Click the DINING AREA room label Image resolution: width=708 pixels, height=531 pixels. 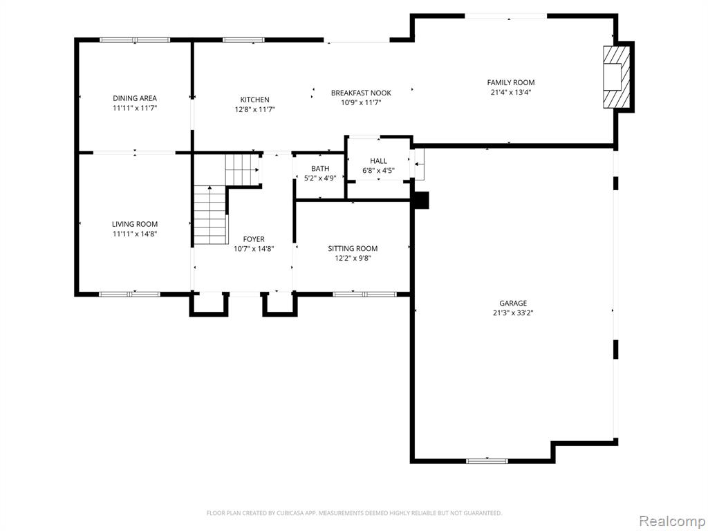pos(135,98)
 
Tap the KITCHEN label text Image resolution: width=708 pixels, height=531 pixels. pos(254,100)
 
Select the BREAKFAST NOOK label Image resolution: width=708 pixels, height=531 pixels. pos(361,93)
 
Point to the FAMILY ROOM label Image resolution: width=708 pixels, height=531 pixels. pos(511,83)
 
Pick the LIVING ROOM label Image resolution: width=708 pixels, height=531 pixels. pos(135,224)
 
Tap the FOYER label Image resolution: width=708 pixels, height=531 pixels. pos(254,239)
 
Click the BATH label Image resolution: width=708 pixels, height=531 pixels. pos(320,169)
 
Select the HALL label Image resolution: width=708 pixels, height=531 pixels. pos(378,161)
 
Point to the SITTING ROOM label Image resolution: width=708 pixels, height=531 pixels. pos(353,249)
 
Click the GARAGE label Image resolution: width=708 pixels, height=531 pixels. pos(513,304)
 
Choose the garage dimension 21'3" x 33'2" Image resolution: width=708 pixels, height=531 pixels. pos(513,313)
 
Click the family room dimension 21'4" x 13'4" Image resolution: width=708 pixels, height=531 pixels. pos(511,92)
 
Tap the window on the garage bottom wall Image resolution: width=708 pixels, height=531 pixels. pos(487,461)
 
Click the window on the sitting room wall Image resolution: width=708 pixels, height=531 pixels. pos(365,295)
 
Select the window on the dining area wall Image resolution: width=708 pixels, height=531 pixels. pos(135,40)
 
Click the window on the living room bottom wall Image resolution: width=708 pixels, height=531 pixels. pos(129,295)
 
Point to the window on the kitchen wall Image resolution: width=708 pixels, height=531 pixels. pos(243,40)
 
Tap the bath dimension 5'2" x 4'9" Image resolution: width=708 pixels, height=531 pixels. pos(320,178)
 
